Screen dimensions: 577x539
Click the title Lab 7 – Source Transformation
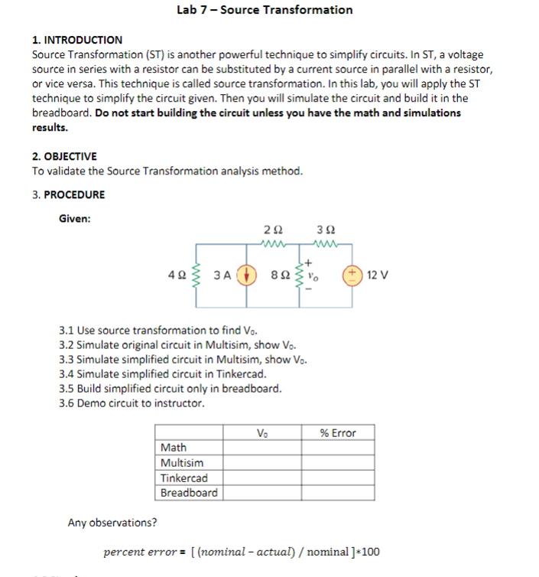pyautogui.click(x=265, y=10)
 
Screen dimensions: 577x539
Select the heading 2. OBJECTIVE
pyautogui.click(x=64, y=156)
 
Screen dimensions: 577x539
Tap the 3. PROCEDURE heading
pyautogui.click(x=69, y=194)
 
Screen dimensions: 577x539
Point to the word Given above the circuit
pyautogui.click(x=75, y=219)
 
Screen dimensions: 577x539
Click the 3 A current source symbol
pyautogui.click(x=245, y=274)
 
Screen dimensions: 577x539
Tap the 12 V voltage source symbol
pyautogui.click(x=353, y=274)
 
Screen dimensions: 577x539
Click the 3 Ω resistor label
pyautogui.click(x=326, y=230)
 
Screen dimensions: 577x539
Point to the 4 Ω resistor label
pyautogui.click(x=174, y=274)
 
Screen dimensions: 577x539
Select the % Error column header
pyautogui.click(x=337, y=433)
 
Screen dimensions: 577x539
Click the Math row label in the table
pyautogui.click(x=174, y=448)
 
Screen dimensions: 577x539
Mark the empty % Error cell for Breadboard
pyautogui.click(x=337, y=493)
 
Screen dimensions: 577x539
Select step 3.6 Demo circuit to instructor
pyautogui.click(x=132, y=403)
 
